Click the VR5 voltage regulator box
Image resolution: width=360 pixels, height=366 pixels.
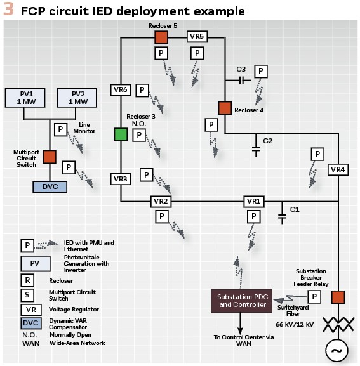pos(197,36)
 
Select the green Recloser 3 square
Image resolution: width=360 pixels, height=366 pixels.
pos(121,134)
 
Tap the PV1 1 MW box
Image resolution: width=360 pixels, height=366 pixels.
pos(25,98)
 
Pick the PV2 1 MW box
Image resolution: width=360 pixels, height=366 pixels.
pos(77,98)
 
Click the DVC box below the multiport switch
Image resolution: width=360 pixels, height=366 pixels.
pos(50,187)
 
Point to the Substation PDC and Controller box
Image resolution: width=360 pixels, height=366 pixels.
pos(241,301)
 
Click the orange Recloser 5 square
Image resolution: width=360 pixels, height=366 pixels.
pos(161,37)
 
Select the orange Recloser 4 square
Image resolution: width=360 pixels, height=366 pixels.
pos(225,108)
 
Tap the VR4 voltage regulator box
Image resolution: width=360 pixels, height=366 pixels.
pos(338,169)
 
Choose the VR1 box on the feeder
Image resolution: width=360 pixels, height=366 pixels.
pos(254,202)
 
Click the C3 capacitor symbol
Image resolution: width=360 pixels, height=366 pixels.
pos(242,81)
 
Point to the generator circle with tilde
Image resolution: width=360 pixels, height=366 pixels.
pos(337,350)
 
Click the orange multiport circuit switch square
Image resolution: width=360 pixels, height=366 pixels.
pos(50,157)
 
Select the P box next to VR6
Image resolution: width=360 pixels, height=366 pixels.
pos(142,90)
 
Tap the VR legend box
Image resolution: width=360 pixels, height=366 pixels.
pos(31,310)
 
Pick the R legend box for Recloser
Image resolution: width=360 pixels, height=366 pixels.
pos(27,280)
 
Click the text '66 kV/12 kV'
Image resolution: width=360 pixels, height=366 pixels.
pos(295,324)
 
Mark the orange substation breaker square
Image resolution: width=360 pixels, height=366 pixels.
pos(338,297)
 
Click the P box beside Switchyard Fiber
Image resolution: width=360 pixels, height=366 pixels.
pos(314,297)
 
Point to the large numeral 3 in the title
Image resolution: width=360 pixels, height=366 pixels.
pos(9,9)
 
